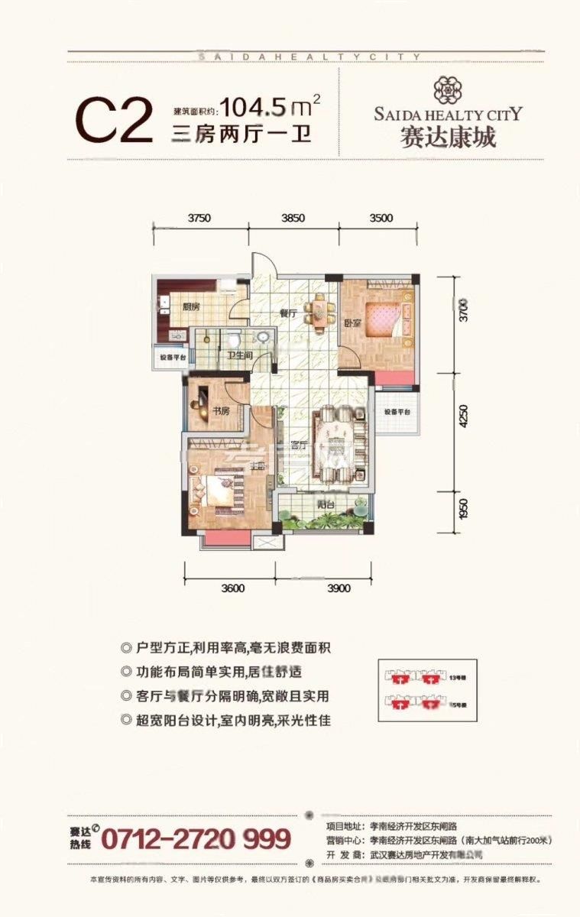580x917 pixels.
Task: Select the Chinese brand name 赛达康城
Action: tap(448, 138)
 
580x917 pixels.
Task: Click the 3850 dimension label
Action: tap(293, 218)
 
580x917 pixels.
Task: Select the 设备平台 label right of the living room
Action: tap(397, 412)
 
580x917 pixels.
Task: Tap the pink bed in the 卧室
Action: tap(387, 317)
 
